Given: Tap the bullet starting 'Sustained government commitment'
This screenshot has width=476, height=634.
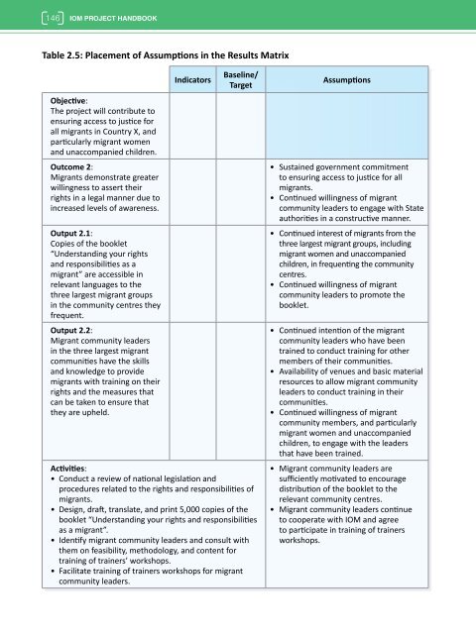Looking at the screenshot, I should [x=346, y=168].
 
